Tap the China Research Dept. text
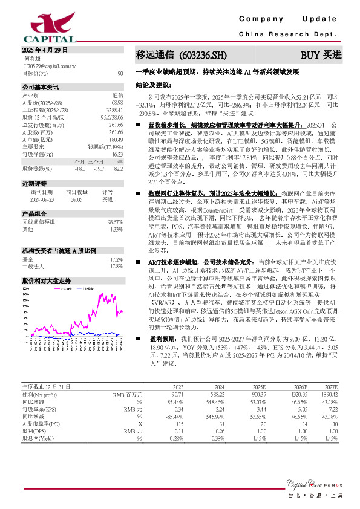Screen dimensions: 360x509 click(x=290, y=34)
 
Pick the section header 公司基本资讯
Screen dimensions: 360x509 click(x=41, y=87)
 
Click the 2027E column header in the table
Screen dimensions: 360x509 click(x=330, y=404)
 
